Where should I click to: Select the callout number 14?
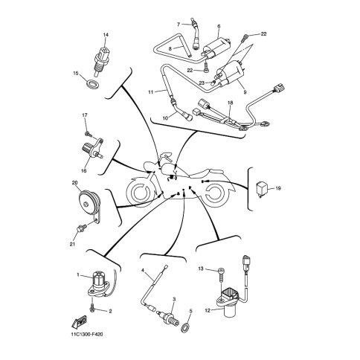coord(106,35)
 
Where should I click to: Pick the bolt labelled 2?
coord(93,308)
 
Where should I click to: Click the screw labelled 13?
coord(221,274)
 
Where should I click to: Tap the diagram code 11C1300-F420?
coord(86,335)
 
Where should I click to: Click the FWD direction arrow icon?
coord(79,322)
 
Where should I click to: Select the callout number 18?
coord(231,103)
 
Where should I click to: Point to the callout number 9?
coord(245,92)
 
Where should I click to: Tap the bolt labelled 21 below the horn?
coord(82,228)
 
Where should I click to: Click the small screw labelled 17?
coord(88,134)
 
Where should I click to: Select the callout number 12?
coord(208,310)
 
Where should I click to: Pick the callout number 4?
coord(143,270)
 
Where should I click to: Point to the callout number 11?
coord(151,92)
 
